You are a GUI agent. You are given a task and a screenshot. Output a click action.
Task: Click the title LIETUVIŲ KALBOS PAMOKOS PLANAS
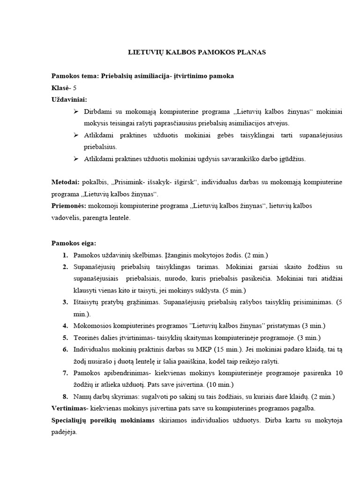pyautogui.click(x=197, y=52)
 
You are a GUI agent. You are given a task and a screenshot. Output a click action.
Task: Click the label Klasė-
pyautogui.click(x=61, y=88)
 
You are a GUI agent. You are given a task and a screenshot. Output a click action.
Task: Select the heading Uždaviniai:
pyautogui.click(x=69, y=99)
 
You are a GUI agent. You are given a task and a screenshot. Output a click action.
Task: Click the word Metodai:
pyautogui.click(x=65, y=182)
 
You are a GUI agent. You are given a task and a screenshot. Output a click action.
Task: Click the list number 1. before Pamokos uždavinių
pyautogui.click(x=65, y=255)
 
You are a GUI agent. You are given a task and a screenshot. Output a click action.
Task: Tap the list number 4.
pyautogui.click(x=65, y=326)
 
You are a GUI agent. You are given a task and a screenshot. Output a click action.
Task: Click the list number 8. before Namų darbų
pyautogui.click(x=65, y=397)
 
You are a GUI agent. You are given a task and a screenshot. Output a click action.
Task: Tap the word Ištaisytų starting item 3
pyautogui.click(x=87, y=302)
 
